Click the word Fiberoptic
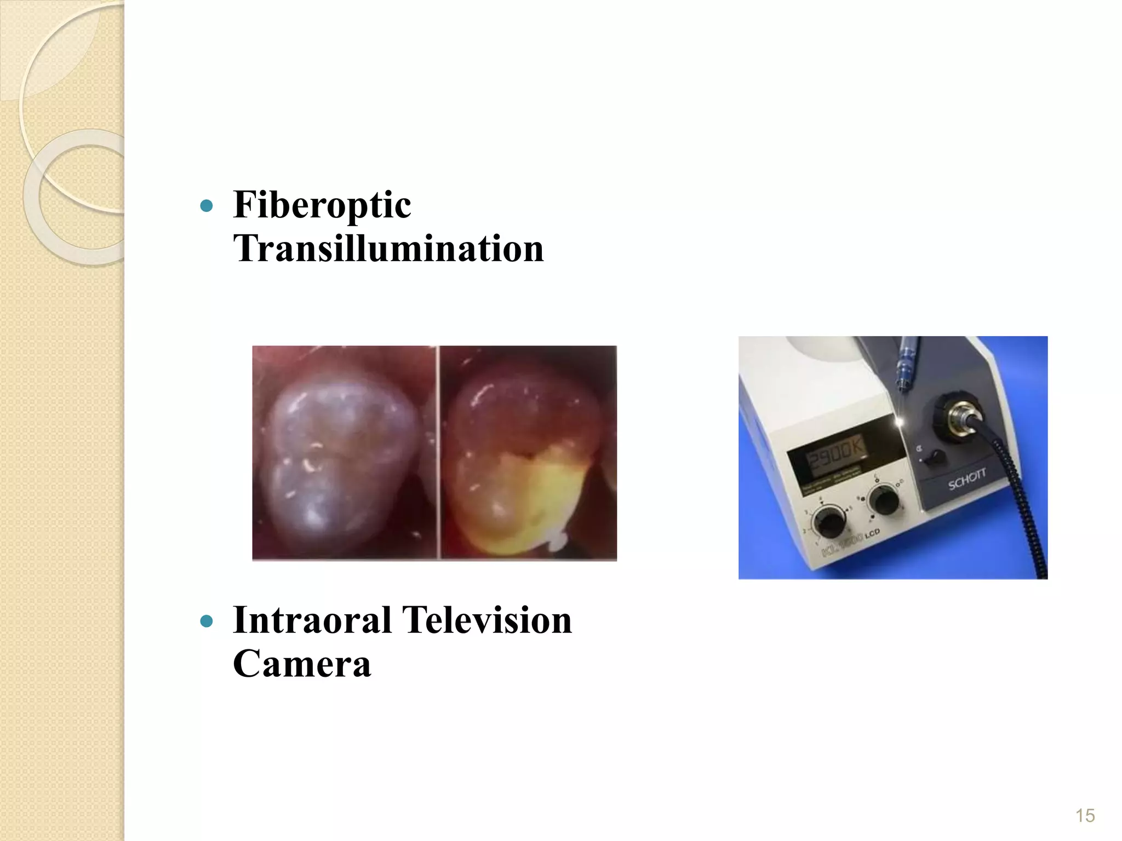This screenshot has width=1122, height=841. click(x=322, y=205)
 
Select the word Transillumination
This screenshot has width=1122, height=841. click(x=388, y=249)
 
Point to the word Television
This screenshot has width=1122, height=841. click(x=487, y=620)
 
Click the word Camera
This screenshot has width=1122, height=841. click(x=302, y=664)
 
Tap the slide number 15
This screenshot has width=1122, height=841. click(x=1085, y=815)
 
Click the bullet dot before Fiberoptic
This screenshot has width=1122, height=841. click(x=207, y=206)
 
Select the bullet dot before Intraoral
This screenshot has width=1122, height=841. click(x=207, y=621)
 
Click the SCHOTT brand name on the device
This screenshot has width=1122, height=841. click(x=967, y=479)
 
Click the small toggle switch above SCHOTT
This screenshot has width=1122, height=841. click(x=932, y=457)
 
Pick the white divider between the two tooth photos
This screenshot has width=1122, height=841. click(x=438, y=453)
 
